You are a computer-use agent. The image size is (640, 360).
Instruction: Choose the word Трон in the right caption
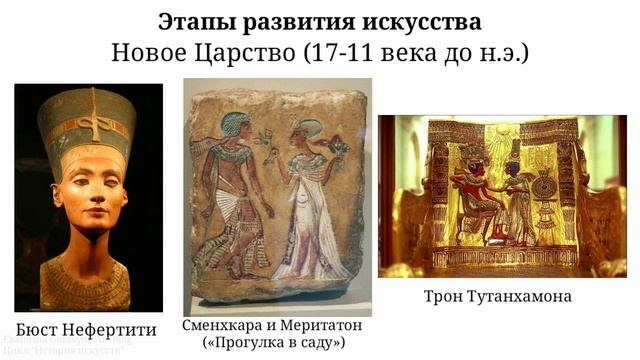pos(443,297)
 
